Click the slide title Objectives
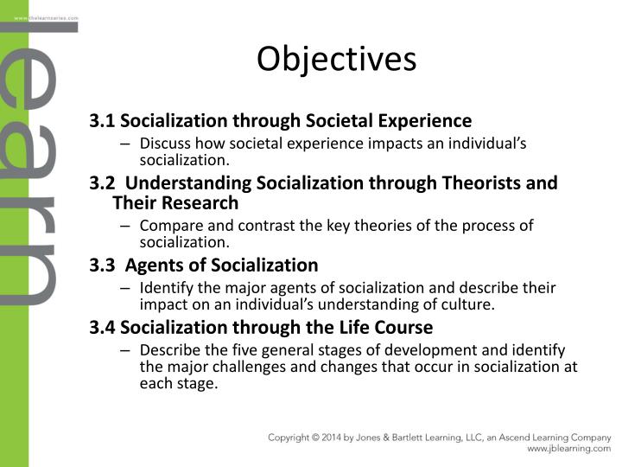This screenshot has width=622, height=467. (x=337, y=60)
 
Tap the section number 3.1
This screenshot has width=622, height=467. (x=103, y=120)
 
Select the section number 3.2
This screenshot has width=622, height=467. (x=103, y=183)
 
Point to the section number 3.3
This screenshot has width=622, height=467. (x=103, y=265)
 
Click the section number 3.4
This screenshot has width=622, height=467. (x=103, y=328)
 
